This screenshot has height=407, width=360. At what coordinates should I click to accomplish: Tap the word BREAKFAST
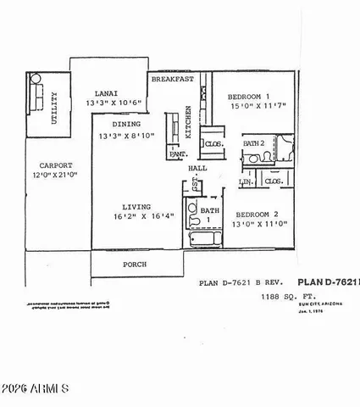point(173,79)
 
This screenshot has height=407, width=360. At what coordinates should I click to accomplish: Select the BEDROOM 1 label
point(252,97)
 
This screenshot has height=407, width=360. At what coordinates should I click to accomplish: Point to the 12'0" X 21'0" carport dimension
point(53,176)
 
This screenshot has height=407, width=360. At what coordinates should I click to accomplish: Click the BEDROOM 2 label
point(258,215)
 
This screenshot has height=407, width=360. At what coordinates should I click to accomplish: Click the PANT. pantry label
point(178,155)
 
